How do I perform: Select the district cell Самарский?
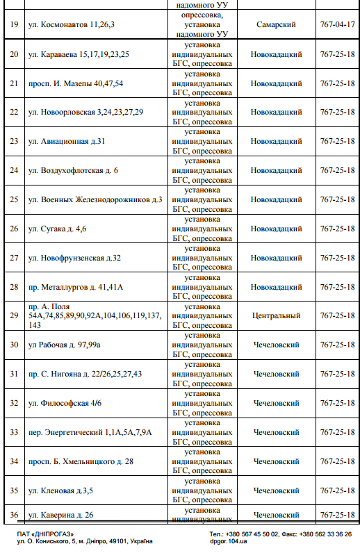[276, 24]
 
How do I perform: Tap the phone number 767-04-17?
[337, 24]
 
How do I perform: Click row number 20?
[14, 53]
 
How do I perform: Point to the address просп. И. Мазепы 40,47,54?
[76, 83]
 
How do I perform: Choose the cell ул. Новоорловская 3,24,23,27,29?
[85, 112]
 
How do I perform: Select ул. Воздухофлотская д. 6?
[73, 170]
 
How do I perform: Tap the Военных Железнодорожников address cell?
[95, 199]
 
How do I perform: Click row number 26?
[14, 229]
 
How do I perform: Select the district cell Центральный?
[276, 315]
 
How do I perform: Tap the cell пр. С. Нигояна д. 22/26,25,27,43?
[85, 374]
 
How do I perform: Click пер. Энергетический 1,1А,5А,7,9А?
[90, 432]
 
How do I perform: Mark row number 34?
[14, 461]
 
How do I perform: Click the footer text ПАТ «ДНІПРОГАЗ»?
[45, 533]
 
